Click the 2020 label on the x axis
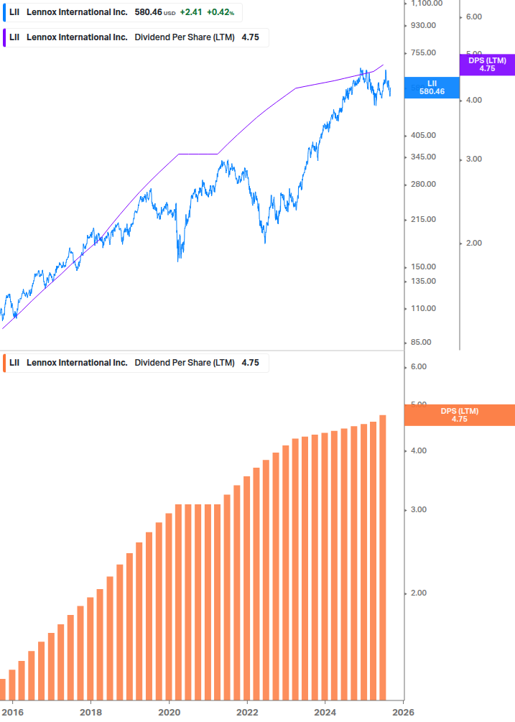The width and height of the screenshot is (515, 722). [x=169, y=712]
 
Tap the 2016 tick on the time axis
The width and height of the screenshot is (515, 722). [x=12, y=712]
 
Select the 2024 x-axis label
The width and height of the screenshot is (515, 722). [x=325, y=712]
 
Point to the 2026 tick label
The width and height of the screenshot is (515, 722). [x=403, y=712]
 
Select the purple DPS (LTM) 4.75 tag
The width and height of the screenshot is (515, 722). [x=487, y=65]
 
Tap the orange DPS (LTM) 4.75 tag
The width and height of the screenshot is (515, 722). [x=460, y=415]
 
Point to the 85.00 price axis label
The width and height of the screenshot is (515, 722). [x=422, y=342]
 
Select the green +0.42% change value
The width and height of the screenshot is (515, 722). [x=221, y=12]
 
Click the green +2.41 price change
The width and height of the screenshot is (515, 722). [x=190, y=12]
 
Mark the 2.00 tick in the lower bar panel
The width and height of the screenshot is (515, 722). [x=419, y=593]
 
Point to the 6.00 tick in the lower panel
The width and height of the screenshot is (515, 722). [x=419, y=366]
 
